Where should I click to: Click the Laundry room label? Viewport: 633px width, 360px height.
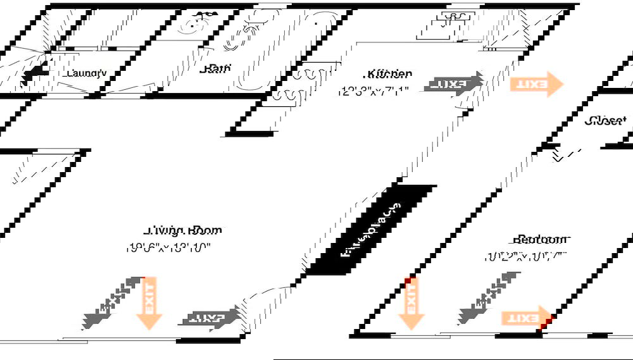click(x=86, y=73)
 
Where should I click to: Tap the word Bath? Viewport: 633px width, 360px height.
click(x=215, y=69)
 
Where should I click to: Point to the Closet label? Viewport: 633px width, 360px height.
click(x=606, y=120)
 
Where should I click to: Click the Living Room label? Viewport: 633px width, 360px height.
click(x=184, y=230)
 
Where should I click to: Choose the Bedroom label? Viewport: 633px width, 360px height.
click(x=541, y=239)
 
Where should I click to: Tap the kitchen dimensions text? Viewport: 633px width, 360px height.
click(x=370, y=90)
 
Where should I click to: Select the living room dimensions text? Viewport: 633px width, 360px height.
click(x=168, y=248)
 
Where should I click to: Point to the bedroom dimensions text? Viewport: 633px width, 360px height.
click(x=525, y=257)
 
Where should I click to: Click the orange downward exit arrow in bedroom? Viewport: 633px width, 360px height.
click(x=411, y=302)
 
